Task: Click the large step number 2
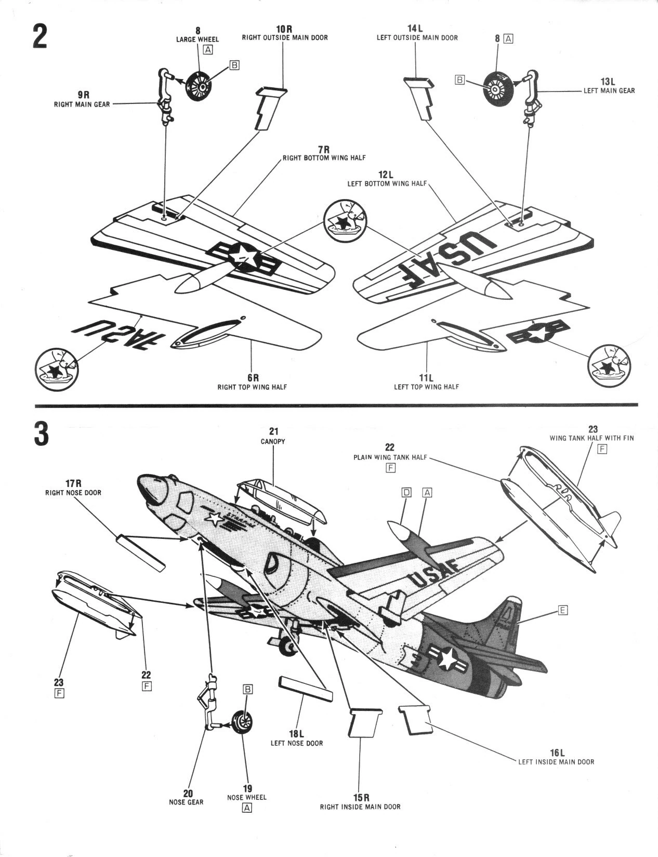pos(40,37)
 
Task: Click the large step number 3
pos(41,435)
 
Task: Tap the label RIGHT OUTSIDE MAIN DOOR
pos(285,37)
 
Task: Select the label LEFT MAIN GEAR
pos(609,90)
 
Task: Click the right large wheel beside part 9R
pos(199,86)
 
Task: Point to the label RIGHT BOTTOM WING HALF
pos(324,157)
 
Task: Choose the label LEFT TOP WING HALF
pos(426,387)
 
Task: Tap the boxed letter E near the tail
pos(562,610)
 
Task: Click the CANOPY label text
pos(273,441)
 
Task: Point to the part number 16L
pos(557,753)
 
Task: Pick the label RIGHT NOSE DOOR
pos(73,492)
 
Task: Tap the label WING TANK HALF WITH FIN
pos(591,438)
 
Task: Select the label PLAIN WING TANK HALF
pos(390,457)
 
